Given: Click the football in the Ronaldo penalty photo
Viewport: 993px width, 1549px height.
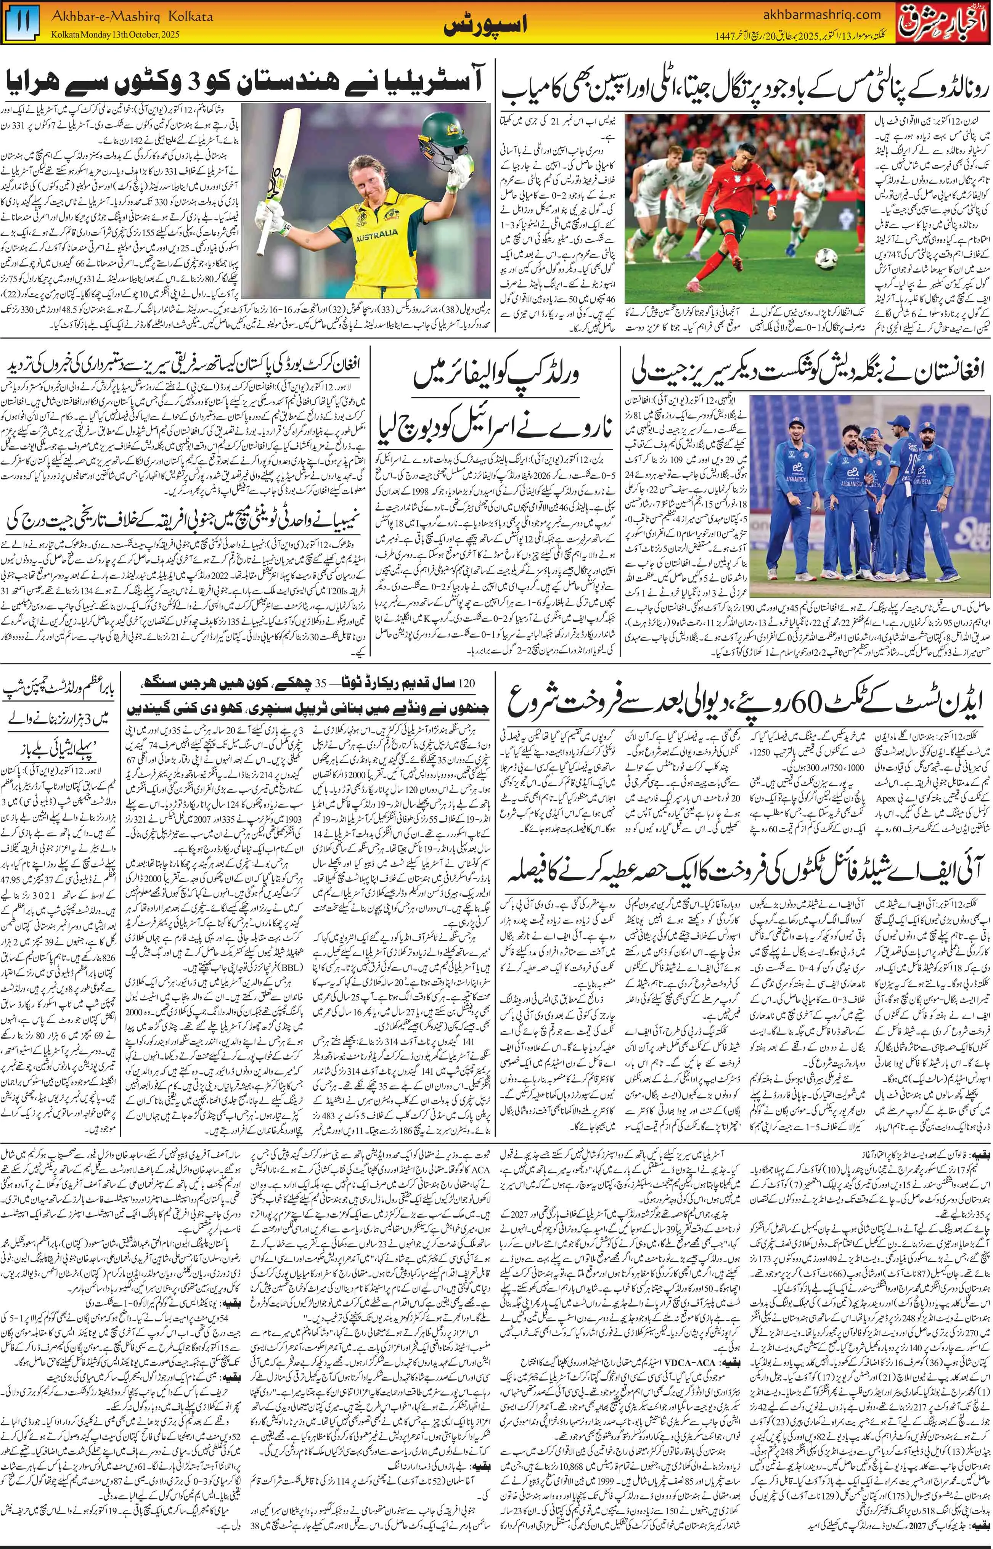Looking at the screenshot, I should click(826, 259).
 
